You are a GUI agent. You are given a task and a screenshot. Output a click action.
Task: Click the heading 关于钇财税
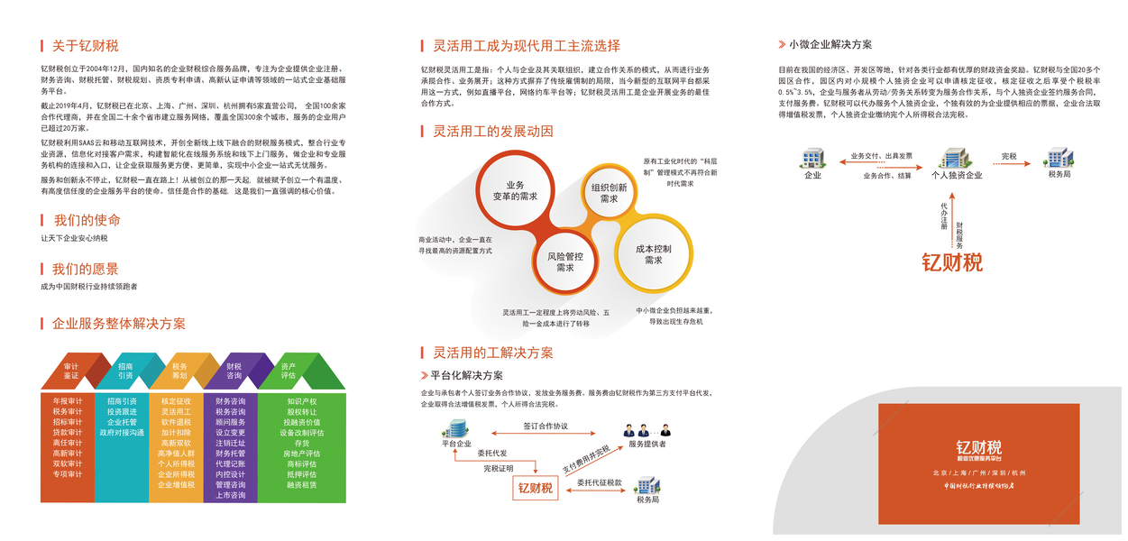(85, 46)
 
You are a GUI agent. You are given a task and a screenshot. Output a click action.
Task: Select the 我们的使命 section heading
(87, 220)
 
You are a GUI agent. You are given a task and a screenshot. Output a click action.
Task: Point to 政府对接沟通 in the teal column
(122, 433)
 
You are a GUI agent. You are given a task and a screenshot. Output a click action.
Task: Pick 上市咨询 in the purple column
(230, 495)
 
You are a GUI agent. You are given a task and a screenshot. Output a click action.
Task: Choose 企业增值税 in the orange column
(176, 484)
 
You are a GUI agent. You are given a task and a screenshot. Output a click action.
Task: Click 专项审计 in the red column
(68, 473)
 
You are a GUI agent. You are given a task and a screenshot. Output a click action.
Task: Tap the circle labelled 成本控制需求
(654, 253)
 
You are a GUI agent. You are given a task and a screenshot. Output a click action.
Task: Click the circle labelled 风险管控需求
(565, 261)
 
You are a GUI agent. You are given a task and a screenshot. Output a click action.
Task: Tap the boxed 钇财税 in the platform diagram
(535, 488)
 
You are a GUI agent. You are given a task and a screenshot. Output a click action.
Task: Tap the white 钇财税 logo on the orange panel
(978, 447)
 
